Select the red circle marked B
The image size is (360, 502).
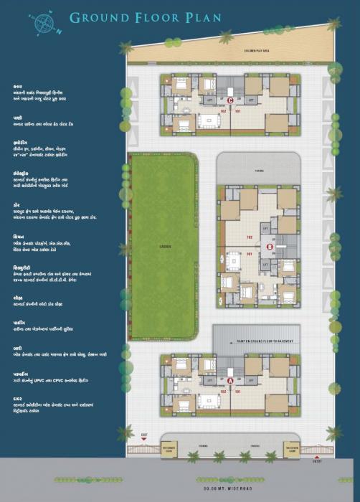pos(270,247)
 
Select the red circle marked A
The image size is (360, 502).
pos(229,381)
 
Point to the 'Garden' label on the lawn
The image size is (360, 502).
pos(164,246)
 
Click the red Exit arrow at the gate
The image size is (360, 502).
pos(144,435)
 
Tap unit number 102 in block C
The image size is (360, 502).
pos(223,111)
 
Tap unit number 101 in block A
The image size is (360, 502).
pos(237,392)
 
